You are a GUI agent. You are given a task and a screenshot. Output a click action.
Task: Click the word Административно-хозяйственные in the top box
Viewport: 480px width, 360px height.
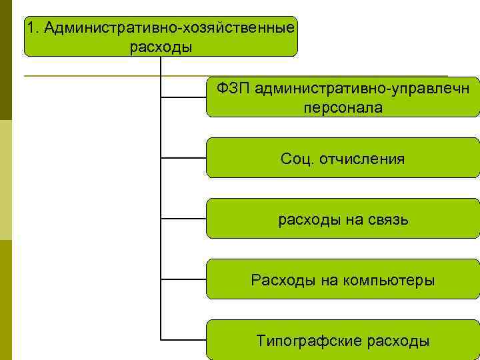tap(169, 29)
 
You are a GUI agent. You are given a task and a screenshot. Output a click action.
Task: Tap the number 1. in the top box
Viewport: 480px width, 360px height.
tap(33, 29)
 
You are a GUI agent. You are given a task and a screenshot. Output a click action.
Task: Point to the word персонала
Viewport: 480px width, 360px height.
tap(343, 107)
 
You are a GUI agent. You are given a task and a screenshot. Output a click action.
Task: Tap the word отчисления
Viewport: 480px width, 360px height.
tap(362, 159)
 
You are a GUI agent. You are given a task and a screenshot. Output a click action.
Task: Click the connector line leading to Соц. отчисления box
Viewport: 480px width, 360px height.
tap(184, 159)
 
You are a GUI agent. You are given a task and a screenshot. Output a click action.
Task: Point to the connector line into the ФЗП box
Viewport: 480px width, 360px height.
tap(184, 98)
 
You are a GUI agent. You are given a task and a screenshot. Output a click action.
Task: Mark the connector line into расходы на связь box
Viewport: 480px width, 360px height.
tap(184, 219)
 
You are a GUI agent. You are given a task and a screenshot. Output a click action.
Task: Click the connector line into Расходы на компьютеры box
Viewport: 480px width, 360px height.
tap(184, 280)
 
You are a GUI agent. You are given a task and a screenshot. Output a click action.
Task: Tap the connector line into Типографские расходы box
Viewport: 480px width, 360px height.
tap(184, 341)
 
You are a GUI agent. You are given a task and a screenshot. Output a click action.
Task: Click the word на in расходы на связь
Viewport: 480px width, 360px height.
tap(347, 219)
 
